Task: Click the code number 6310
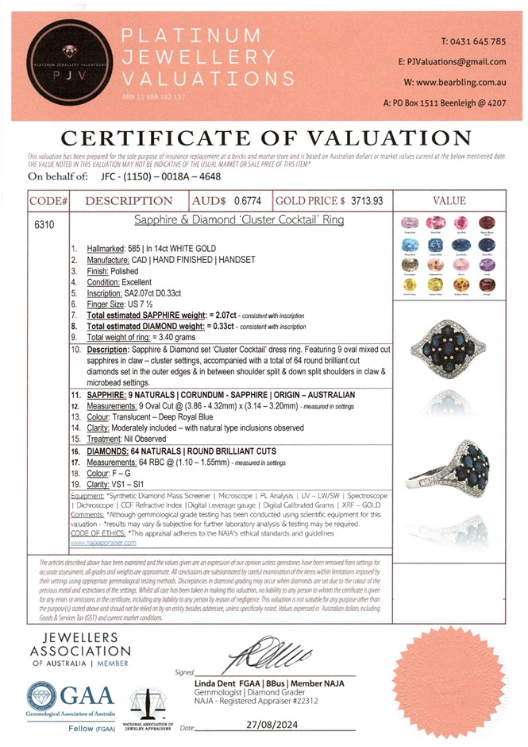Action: pyautogui.click(x=45, y=226)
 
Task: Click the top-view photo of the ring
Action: pyautogui.click(x=450, y=350)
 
